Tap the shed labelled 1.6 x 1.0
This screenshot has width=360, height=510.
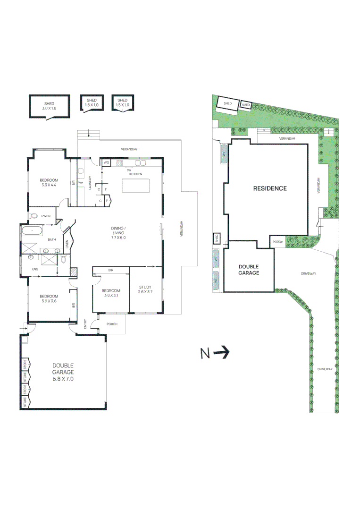pyautogui.click(x=92, y=102)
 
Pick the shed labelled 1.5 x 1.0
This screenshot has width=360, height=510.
pyautogui.click(x=122, y=102)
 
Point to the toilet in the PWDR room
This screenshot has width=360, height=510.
pyautogui.click(x=33, y=216)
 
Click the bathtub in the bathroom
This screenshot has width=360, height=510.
pyautogui.click(x=32, y=231)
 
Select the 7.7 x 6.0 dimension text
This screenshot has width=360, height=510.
pyautogui.click(x=117, y=238)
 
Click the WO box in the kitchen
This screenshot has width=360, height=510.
pyautogui.click(x=106, y=163)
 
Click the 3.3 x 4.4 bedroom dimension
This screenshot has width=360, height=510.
pyautogui.click(x=49, y=185)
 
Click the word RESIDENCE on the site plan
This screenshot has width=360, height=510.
pyautogui.click(x=269, y=188)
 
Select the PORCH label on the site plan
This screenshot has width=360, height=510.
pyautogui.click(x=278, y=242)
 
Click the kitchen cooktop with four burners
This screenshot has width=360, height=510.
pyautogui.click(x=120, y=163)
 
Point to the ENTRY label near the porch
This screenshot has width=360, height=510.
pyautogui.click(x=85, y=324)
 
